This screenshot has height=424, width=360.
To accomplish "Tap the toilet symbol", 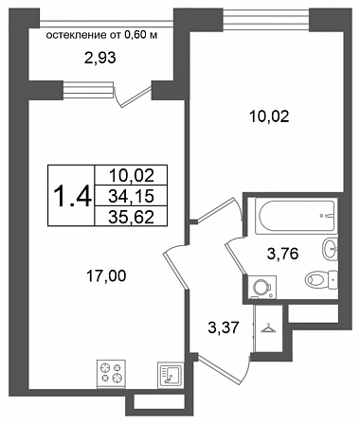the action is [321, 279].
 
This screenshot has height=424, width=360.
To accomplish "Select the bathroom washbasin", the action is [330, 249].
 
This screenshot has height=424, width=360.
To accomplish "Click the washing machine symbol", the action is [261, 287].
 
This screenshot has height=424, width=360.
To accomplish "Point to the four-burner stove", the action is [111, 373].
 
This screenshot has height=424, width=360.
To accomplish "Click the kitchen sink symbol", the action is [171, 374].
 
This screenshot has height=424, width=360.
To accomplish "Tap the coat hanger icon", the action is [268, 328].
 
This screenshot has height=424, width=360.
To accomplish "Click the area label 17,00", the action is [106, 276].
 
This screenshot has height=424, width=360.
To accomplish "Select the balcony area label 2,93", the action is [99, 58].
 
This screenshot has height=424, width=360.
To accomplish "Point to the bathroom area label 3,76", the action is [282, 254].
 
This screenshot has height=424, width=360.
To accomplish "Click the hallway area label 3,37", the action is [223, 327].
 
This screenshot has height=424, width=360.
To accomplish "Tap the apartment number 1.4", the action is [73, 196].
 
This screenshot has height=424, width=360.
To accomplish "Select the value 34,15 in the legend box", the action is [131, 196].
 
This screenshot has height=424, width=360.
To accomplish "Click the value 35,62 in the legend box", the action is [131, 217].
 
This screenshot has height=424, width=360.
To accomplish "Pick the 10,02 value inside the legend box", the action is [131, 175].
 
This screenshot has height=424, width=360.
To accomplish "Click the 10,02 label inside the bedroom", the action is [269, 117].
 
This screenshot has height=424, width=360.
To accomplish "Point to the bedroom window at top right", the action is [266, 20].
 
